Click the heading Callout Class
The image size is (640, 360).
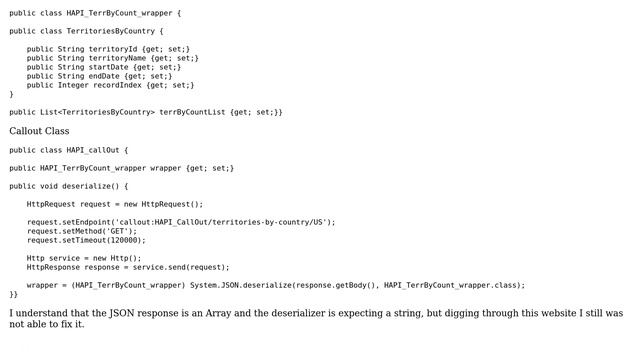pos(39,131)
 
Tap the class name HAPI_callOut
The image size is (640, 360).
pos(92,150)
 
